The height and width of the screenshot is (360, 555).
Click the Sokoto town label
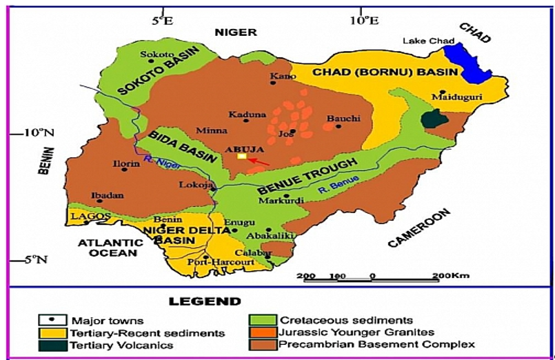coord(153,54)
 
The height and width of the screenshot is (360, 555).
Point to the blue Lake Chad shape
coord(468,62)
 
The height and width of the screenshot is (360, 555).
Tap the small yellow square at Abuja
coord(241,157)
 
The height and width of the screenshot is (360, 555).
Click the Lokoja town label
coord(193,185)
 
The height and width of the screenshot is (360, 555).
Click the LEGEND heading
coord(205,301)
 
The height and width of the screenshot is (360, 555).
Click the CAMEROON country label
coord(421,228)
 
